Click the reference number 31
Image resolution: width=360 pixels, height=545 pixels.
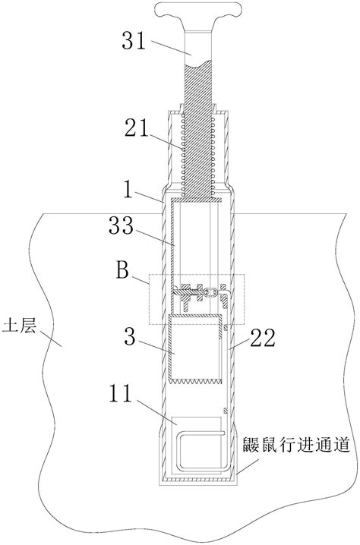134,41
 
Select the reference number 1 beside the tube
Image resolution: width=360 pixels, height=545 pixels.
128,190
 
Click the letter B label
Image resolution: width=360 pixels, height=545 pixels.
122,270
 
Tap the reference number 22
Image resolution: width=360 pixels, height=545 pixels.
264,338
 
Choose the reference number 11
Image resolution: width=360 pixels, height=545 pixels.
121,393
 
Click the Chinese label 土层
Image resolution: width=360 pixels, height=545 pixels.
20,328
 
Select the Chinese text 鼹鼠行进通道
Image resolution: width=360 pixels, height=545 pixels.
296,445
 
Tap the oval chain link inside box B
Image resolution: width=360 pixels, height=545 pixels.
210,292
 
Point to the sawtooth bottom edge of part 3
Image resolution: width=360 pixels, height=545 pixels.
195,380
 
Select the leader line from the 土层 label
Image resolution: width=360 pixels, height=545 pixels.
51,338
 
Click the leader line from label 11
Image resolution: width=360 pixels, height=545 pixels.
157,412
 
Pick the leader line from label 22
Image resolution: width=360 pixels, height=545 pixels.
238,344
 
